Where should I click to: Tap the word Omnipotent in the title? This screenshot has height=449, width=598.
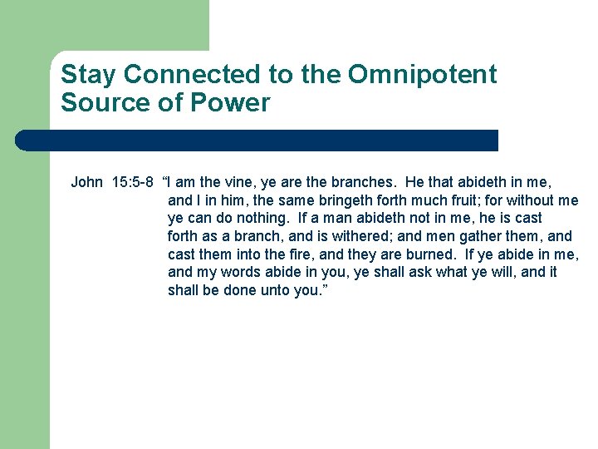pos(422,75)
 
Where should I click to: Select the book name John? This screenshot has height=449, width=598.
pos(87,182)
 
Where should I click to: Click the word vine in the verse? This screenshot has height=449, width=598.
pos(244,182)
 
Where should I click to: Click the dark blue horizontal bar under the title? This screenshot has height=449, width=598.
pos(257,140)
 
